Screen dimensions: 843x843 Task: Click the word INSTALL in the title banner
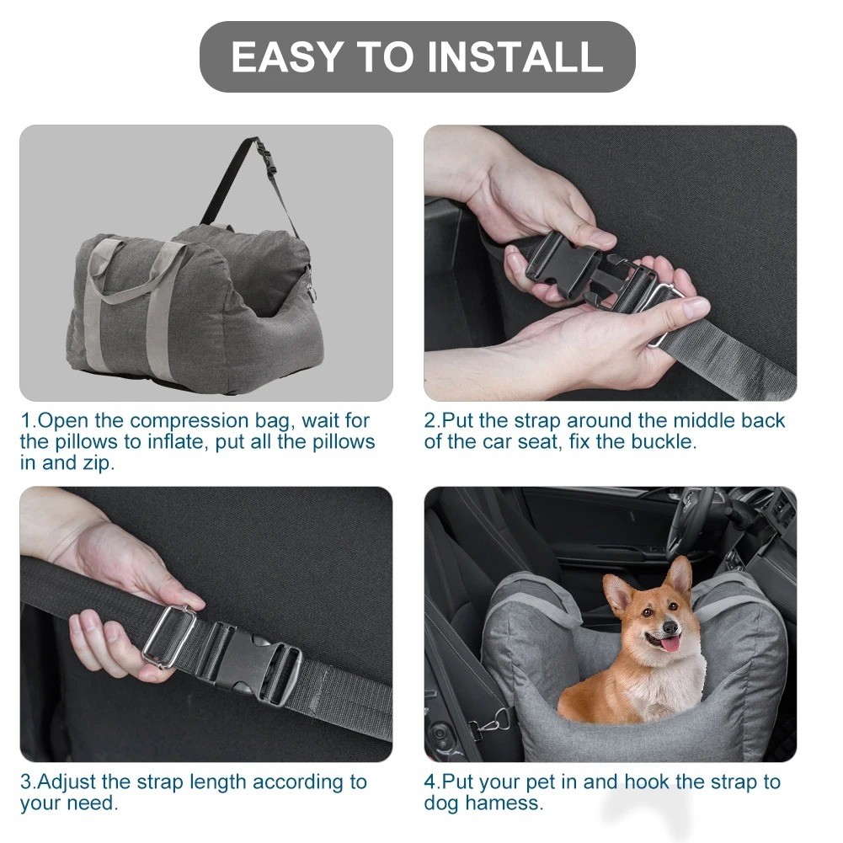click(x=515, y=57)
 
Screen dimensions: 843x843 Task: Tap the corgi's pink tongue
click(x=670, y=644)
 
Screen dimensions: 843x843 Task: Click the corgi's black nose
click(x=670, y=627)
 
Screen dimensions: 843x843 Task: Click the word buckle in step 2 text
click(x=663, y=442)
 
